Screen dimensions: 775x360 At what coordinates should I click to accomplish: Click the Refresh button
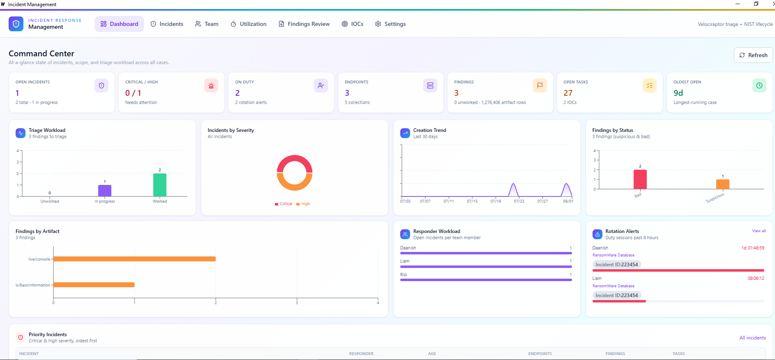point(753,55)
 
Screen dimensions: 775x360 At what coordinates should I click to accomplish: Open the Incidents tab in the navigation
point(167,24)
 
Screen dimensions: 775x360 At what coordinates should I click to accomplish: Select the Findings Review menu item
point(304,24)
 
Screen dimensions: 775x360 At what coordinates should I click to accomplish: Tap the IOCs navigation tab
point(353,24)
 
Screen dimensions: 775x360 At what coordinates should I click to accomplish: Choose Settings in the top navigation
point(390,24)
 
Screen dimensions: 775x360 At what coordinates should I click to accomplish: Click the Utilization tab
point(249,24)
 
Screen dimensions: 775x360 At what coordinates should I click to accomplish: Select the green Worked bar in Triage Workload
point(160,185)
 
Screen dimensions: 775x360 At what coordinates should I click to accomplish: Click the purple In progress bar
point(105,191)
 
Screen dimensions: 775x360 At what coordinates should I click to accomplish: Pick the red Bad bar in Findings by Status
point(640,179)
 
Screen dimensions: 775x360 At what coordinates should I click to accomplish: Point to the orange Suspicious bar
point(723,184)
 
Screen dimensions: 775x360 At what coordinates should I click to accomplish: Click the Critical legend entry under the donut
point(284,204)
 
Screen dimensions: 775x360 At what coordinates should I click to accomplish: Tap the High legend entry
point(303,204)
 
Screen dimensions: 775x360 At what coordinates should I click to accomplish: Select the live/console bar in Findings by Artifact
point(134,259)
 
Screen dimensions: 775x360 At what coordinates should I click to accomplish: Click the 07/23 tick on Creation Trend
point(519,201)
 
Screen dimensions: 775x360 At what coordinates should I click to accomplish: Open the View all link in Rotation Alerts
point(759,231)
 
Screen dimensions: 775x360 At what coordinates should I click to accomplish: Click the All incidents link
point(753,338)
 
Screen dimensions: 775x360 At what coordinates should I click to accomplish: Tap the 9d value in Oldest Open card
point(678,93)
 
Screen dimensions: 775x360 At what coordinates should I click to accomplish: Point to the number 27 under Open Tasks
point(568,93)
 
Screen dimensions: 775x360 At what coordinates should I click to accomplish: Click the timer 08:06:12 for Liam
point(756,278)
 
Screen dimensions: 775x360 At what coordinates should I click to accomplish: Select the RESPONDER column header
point(361,353)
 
